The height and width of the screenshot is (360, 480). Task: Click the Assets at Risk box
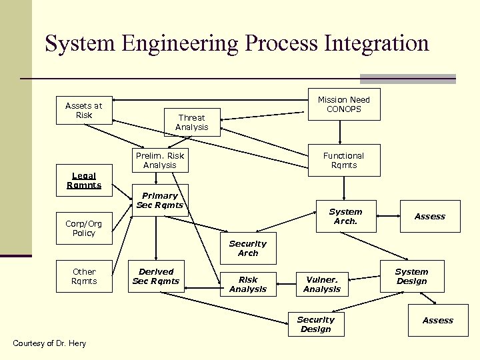coord(83,110)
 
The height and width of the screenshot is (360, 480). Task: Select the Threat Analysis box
coord(191,122)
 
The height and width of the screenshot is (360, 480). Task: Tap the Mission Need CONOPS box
coord(343,105)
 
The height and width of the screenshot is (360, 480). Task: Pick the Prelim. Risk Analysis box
coord(160,160)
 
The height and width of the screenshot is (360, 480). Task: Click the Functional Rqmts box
coord(343,160)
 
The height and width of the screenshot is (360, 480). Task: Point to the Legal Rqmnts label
coord(83,181)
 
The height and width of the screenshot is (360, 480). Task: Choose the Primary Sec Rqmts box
coord(160,200)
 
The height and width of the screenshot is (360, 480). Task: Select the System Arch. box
coord(345,216)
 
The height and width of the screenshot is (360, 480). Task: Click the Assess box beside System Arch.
coord(430,216)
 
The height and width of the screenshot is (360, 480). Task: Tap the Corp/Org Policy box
coord(84,229)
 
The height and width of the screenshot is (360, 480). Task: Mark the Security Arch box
coord(248,249)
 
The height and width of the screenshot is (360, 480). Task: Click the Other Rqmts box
coord(84,276)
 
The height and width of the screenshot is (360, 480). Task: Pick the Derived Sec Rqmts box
coord(156,276)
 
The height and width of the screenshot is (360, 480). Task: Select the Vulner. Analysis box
coord(321,284)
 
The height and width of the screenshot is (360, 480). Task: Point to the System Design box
coord(411,276)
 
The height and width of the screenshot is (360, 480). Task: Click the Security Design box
coord(315,325)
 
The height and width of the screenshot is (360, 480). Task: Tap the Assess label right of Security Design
coord(437,321)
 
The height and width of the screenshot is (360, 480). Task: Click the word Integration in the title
coord(376,43)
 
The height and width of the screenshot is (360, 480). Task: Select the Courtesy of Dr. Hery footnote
coord(49,343)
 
